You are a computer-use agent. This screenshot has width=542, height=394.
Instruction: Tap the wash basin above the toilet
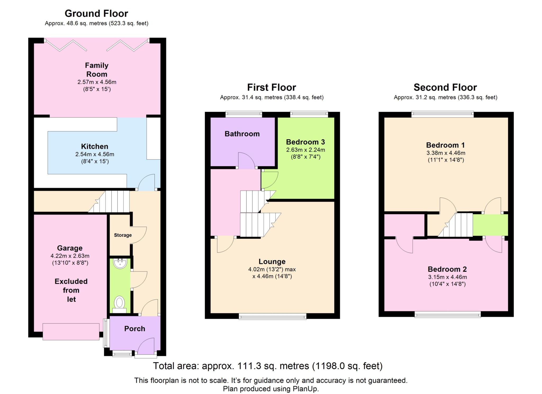120,264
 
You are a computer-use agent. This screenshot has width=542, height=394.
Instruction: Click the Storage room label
123,235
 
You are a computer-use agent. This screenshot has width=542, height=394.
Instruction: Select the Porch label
135,329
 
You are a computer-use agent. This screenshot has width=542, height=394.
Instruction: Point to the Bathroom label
242,134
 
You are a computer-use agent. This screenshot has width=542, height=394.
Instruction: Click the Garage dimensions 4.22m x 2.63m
70,256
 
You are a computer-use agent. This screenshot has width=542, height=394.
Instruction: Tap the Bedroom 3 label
305,142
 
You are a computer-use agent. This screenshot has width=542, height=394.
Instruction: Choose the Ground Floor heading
96,13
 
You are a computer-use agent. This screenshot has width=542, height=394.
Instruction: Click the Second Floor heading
445,87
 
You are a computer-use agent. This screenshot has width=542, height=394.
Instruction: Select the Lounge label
272,262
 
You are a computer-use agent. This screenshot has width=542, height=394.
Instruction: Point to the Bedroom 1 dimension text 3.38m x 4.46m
446,153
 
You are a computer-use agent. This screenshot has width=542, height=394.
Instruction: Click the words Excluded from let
71,290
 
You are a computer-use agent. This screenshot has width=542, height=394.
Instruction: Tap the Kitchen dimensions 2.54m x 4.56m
95,154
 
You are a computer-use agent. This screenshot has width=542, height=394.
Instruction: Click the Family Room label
97,70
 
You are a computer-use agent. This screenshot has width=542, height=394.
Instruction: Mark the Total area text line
268,366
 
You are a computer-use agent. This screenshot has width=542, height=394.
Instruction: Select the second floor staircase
455,225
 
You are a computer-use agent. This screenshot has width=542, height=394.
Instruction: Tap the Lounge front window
273,316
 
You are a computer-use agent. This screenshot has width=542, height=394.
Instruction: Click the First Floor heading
272,87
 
